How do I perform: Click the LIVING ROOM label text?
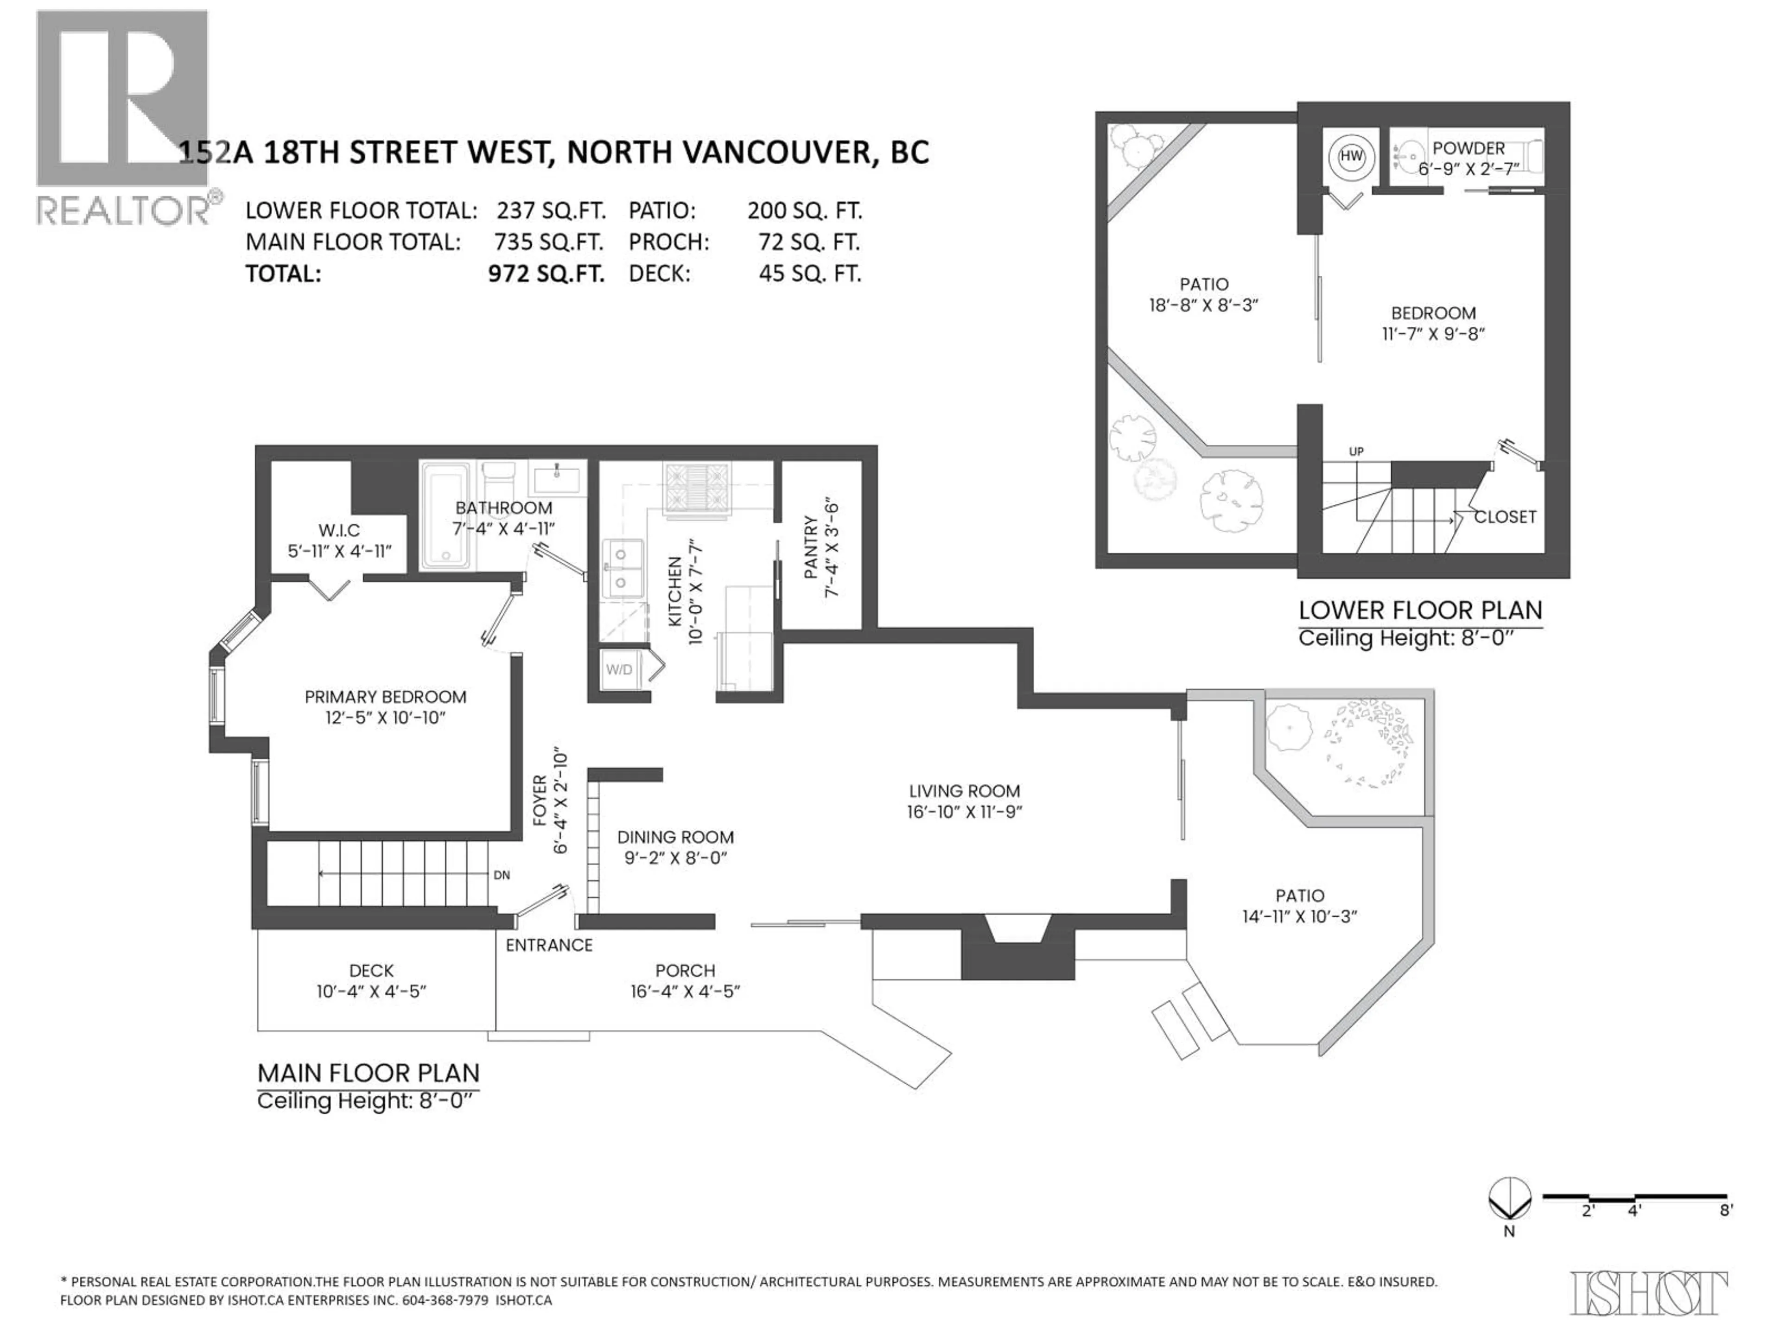pyautogui.click(x=964, y=791)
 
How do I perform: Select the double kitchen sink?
pyautogui.click(x=623, y=568)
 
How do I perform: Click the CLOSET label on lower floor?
pyautogui.click(x=1505, y=517)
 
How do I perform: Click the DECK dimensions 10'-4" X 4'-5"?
pyautogui.click(x=371, y=992)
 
